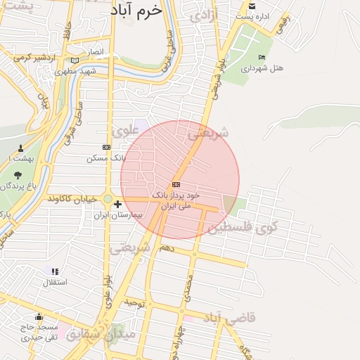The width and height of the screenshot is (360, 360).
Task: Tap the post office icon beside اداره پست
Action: [x=251, y=6]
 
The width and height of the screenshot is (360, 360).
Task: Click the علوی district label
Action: [x=124, y=129]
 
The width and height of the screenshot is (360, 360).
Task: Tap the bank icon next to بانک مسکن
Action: [x=106, y=147]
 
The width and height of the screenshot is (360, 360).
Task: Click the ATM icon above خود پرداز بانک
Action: [x=175, y=184]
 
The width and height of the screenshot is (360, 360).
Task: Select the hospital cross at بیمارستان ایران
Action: [x=117, y=204]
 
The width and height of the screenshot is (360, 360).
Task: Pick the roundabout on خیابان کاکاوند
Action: [x=108, y=199]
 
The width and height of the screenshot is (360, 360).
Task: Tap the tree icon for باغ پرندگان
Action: [x=18, y=175]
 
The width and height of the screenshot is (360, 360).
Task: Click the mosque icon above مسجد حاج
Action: [x=39, y=317]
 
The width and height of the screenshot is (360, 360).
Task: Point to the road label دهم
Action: [x=166, y=248]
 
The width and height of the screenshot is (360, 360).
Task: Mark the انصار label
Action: [x=95, y=53]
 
